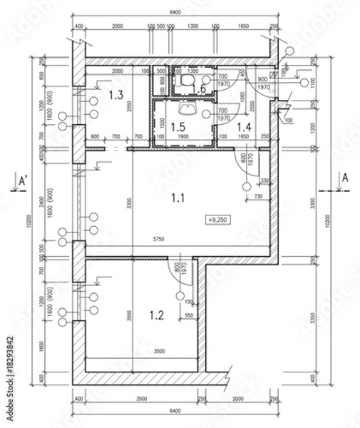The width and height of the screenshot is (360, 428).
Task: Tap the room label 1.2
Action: pyautogui.click(x=158, y=313)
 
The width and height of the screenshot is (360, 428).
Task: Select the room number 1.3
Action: pyautogui.click(x=117, y=94)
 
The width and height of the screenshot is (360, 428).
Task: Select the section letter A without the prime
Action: pyautogui.click(x=344, y=178)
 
